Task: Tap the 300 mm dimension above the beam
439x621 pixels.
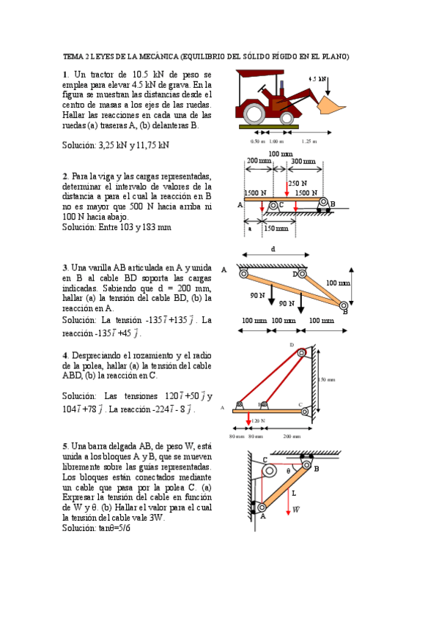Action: coord(303,161)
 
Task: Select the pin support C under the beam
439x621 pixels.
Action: coord(273,206)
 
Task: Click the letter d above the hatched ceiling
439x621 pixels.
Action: coord(273,249)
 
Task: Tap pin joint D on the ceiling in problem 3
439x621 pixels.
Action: coord(300,275)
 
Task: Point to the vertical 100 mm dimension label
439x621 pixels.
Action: coord(338,282)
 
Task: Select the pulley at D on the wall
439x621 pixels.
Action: coord(301,352)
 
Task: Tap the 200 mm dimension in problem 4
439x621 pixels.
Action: coord(292,436)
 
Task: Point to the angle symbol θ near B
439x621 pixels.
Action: coord(289,472)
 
